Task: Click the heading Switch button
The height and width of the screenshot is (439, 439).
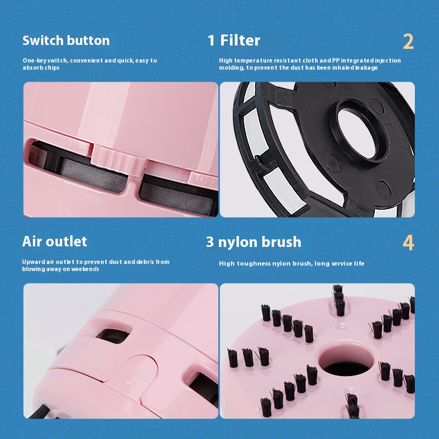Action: click(x=66, y=41)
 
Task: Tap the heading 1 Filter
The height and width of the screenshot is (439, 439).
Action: click(x=234, y=40)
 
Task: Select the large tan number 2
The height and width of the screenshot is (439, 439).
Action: click(x=408, y=42)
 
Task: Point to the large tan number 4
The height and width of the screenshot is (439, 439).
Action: click(x=408, y=243)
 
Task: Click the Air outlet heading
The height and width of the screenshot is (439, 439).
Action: click(x=54, y=241)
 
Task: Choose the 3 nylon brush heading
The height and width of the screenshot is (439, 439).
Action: click(x=254, y=242)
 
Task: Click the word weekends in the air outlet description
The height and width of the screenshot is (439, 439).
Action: click(x=85, y=269)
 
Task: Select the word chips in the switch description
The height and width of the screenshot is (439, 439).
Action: click(x=52, y=67)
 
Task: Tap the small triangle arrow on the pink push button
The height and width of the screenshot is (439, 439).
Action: click(x=129, y=382)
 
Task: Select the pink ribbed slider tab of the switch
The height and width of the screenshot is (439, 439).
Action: click(x=119, y=160)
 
